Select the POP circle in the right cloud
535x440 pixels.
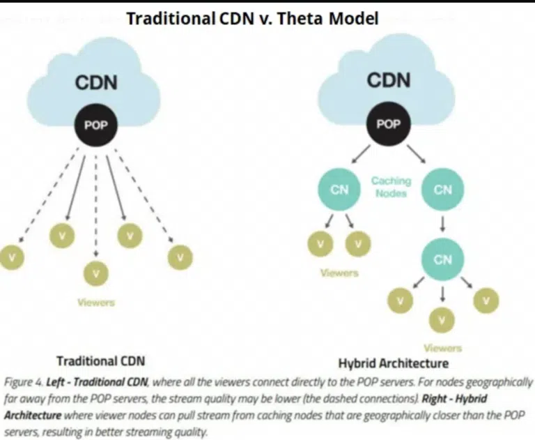(388, 124)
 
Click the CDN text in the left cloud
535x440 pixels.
(96, 83)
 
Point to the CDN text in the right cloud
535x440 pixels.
(389, 80)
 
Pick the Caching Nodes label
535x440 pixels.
(391, 186)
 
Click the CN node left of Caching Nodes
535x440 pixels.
(339, 189)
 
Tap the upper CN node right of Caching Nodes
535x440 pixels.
(442, 189)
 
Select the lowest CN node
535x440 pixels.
(442, 259)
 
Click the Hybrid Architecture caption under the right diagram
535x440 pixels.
(393, 363)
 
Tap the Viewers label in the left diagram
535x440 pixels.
(95, 303)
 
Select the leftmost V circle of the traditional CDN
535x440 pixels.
(12, 257)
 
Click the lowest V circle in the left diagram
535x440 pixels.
(96, 273)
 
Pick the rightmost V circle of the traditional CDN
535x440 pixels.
(180, 257)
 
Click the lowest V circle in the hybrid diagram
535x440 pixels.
(442, 320)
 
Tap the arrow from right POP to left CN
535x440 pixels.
(362, 153)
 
